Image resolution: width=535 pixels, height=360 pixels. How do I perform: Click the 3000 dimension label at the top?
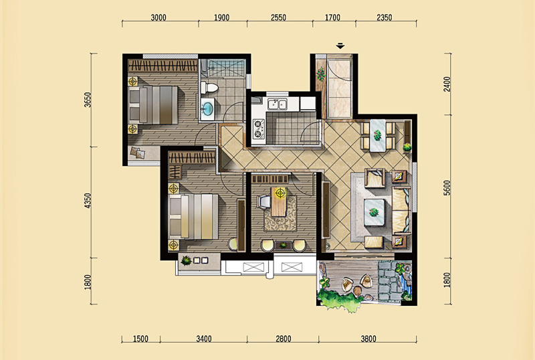[158, 17]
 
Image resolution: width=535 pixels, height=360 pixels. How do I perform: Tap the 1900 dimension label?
[221, 17]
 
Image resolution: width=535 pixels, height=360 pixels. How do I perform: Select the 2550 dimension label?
[278, 17]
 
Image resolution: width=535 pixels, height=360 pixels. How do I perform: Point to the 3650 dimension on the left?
[88, 100]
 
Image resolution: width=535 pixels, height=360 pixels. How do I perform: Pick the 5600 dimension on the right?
[447, 188]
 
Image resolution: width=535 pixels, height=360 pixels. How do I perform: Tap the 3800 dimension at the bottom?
[368, 339]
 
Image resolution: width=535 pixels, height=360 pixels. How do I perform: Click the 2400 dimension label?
[447, 84]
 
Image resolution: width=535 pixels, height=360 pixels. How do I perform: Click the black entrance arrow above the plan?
[340, 46]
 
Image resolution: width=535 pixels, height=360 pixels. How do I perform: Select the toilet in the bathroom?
[209, 88]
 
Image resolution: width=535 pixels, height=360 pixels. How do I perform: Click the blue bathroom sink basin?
[207, 109]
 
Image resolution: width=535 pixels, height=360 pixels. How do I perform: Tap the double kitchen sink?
[277, 104]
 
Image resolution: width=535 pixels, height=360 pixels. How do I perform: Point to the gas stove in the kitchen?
[258, 128]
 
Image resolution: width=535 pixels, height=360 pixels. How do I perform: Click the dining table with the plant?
[378, 135]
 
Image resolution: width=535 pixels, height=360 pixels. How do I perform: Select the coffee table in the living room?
[374, 212]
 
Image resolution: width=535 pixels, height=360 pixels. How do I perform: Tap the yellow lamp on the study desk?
[280, 193]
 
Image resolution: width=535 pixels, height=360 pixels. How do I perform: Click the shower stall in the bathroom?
[227, 68]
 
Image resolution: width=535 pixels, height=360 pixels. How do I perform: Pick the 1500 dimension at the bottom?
[140, 339]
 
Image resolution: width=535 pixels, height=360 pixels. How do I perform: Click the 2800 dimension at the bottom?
[283, 339]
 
